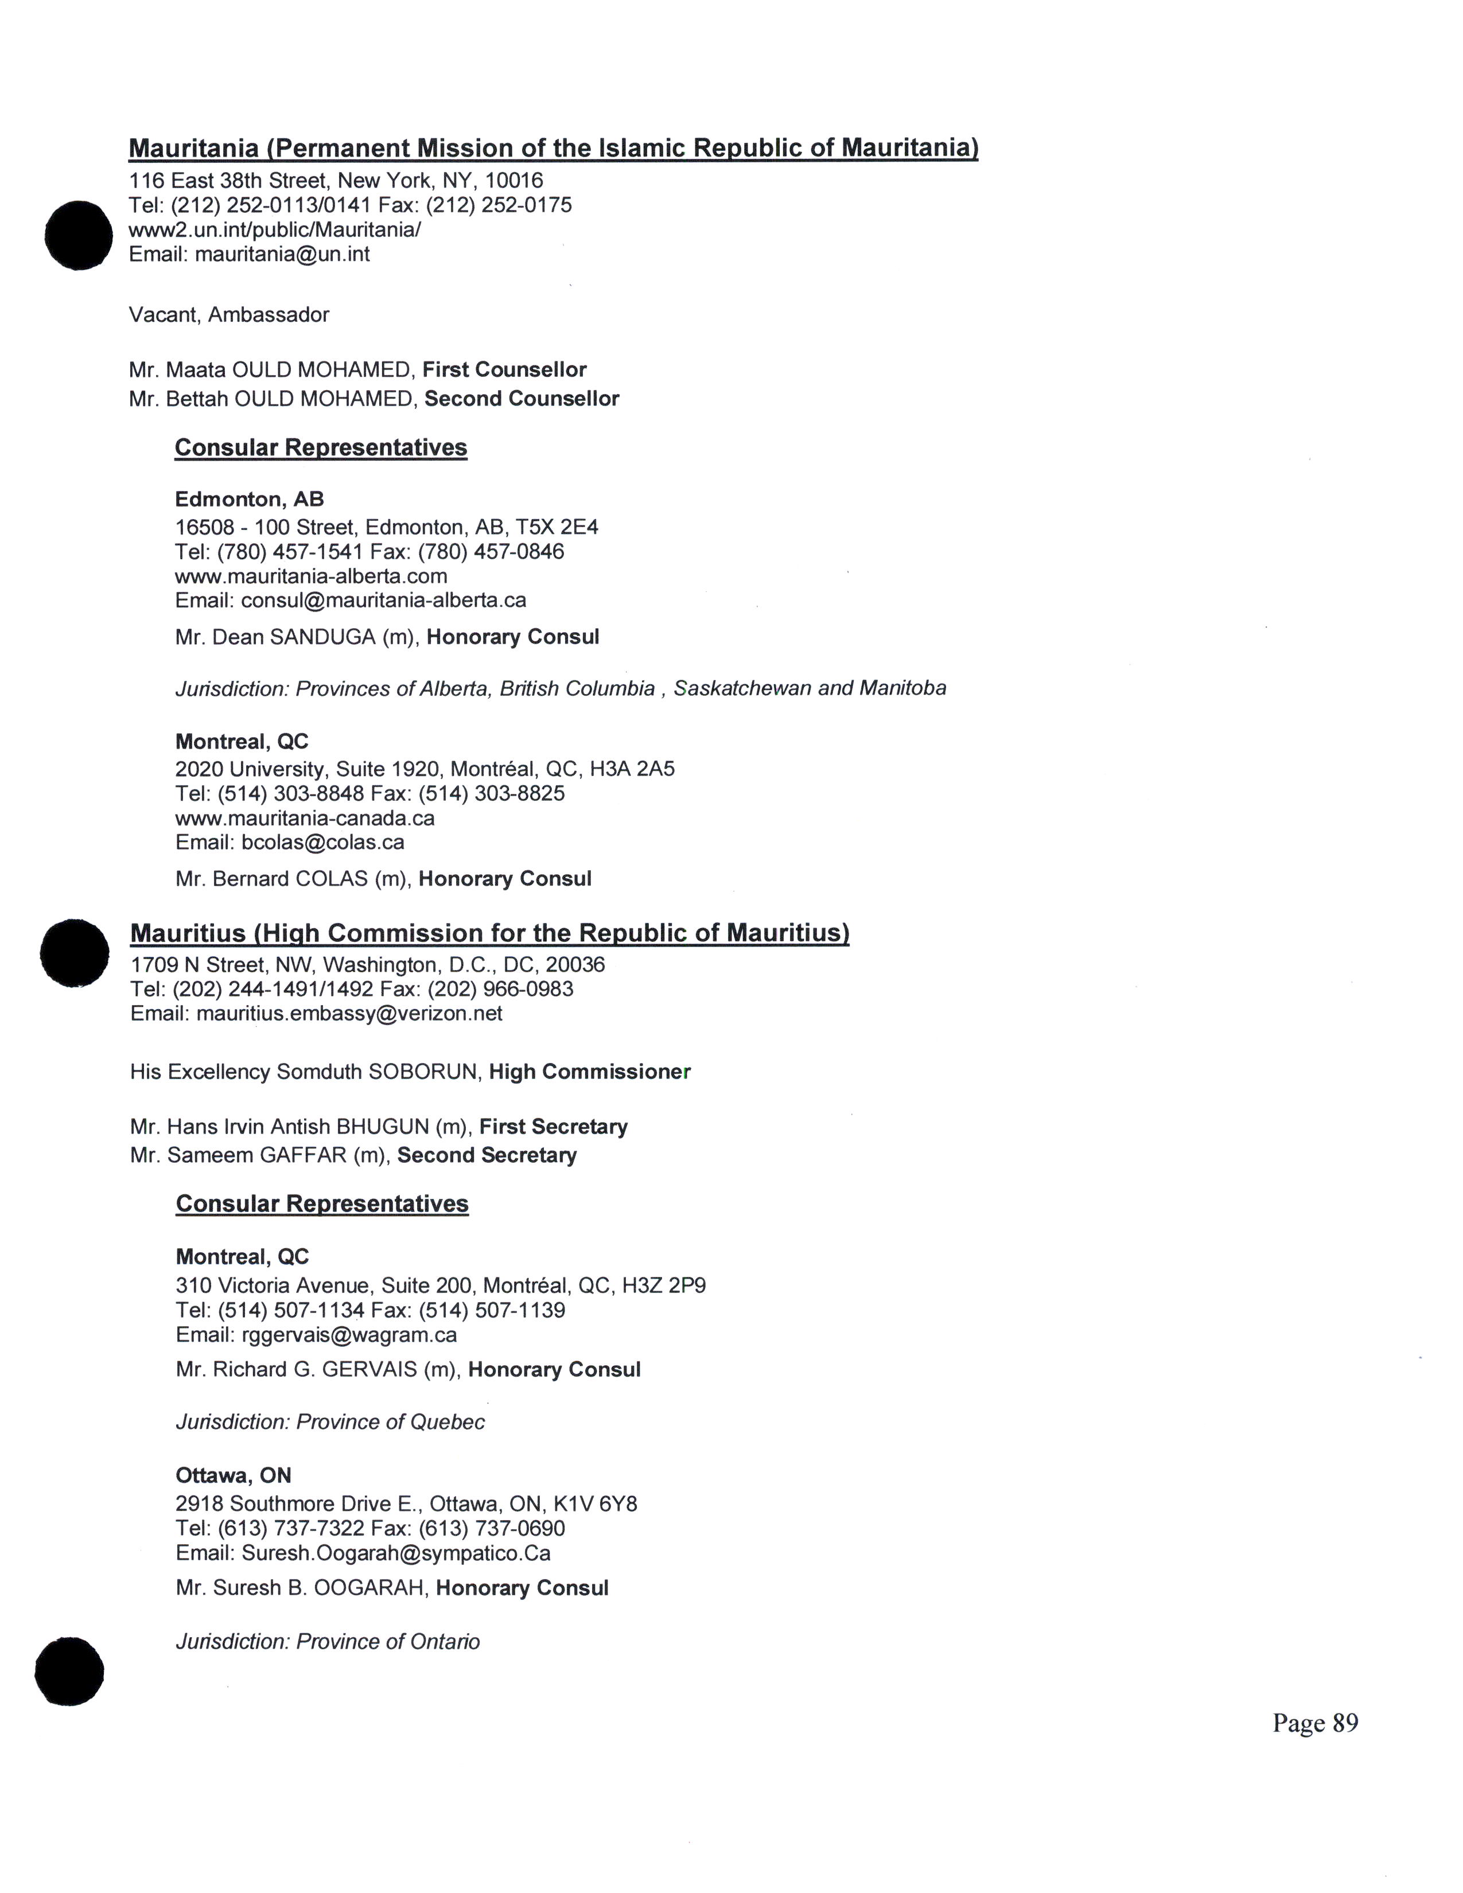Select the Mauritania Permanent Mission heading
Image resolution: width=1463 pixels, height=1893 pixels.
click(553, 148)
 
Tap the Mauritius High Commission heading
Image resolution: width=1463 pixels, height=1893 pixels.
click(490, 933)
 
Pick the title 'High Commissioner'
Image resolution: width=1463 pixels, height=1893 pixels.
click(589, 1072)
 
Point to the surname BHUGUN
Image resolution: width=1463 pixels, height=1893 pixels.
click(382, 1127)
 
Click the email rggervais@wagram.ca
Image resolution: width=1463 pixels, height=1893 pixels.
click(349, 1335)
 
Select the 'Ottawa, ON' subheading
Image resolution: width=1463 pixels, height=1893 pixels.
click(233, 1475)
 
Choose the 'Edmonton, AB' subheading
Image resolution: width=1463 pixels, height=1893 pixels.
click(250, 499)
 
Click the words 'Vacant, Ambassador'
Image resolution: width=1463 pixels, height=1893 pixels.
click(229, 314)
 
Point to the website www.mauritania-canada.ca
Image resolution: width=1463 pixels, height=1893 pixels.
click(304, 818)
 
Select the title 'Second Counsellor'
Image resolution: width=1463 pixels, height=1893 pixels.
click(521, 399)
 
